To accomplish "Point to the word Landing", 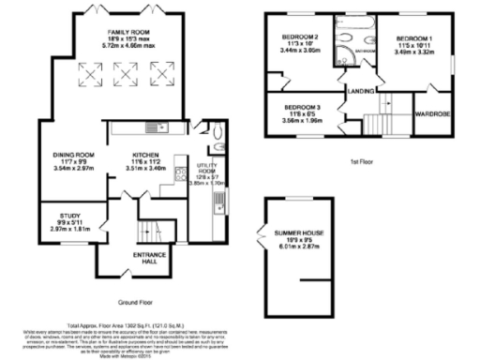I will tap(359, 91).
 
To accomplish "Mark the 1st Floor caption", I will tap(361, 161).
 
